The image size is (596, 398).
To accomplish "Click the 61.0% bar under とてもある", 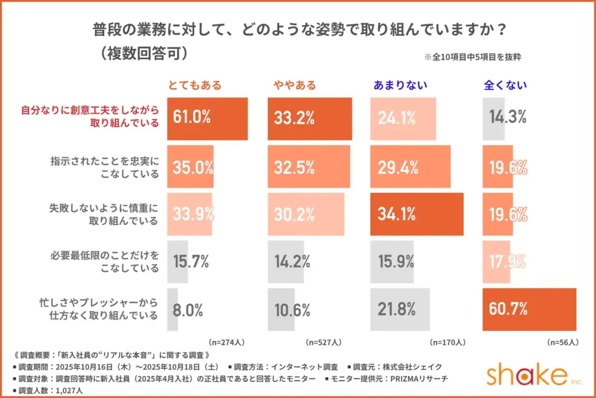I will [207, 119].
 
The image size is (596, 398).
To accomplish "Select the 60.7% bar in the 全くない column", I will [529, 309].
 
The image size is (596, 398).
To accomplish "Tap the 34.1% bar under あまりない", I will [417, 213].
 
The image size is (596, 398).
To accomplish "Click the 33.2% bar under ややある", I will [310, 119].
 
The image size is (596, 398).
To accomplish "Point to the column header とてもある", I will [195, 85].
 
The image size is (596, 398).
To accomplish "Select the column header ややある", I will [295, 85].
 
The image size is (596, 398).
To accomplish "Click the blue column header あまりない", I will [400, 85].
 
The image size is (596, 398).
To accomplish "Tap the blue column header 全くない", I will [506, 85].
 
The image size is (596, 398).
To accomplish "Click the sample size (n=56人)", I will [562, 342].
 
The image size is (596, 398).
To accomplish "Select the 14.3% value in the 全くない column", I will [508, 119].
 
